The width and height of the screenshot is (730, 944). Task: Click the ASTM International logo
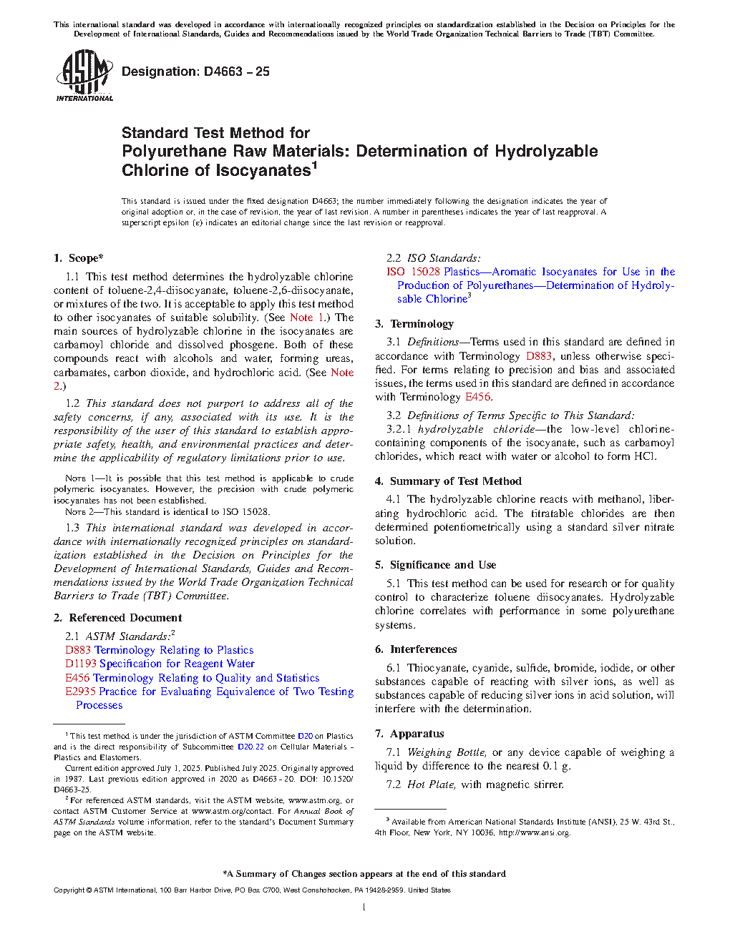coord(84,75)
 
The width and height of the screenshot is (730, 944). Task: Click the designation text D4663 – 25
coord(195,72)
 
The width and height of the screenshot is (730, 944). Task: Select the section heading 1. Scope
coord(79,258)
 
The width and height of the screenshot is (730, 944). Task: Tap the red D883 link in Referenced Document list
coord(78,650)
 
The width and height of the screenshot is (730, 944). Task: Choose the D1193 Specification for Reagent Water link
coord(160,664)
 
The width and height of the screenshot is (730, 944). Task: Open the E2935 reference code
coord(81,692)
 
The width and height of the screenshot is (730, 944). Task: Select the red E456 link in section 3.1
coord(477,397)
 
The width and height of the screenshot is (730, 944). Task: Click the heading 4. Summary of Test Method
coord(448,481)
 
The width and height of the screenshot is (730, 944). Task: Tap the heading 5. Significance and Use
coord(435,565)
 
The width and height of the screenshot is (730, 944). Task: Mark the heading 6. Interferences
coord(416,649)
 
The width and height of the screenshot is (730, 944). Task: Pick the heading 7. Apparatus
coord(409,734)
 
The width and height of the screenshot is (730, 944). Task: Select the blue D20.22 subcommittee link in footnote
coord(250,747)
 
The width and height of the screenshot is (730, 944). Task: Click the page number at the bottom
coord(364,908)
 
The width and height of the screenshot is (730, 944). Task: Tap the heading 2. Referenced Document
coord(118,618)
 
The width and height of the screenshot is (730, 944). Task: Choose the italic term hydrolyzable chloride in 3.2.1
coord(476,429)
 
